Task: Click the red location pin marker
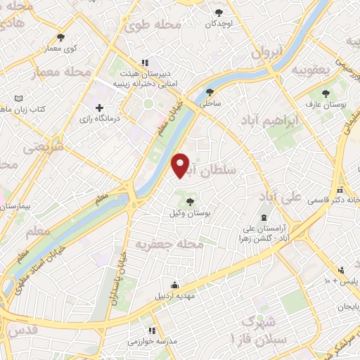[181, 165]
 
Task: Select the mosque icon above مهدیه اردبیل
[174, 285]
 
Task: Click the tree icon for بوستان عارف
[325, 94]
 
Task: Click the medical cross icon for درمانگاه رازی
[100, 109]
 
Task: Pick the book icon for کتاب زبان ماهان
[18, 98]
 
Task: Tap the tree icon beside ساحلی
[210, 93]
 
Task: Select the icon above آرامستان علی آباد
[264, 217]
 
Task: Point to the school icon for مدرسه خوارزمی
[150, 330]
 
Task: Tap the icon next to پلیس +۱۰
[341, 270]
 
